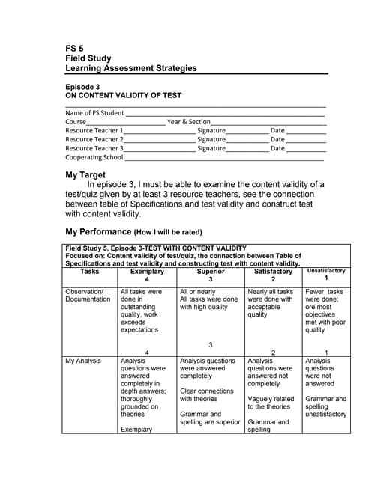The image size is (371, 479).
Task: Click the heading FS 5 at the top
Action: pyautogui.click(x=74, y=48)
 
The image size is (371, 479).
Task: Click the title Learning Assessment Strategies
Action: pyautogui.click(x=131, y=68)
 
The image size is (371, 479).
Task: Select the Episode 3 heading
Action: pyautogui.click(x=82, y=87)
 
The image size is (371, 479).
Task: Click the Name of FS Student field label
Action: pyautogui.click(x=94, y=113)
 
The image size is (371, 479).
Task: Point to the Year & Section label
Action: pyautogui.click(x=188, y=122)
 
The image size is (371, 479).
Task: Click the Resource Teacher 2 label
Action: pyautogui.click(x=94, y=139)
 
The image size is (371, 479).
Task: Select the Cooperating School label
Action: pyautogui.click(x=94, y=157)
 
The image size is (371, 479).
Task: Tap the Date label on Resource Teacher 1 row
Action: pyautogui.click(x=277, y=130)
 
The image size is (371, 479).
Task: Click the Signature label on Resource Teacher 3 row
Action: pyautogui.click(x=211, y=148)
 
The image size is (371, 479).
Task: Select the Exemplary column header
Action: pyautogui.click(x=146, y=272)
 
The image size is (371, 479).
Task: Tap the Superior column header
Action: pyautogui.click(x=211, y=272)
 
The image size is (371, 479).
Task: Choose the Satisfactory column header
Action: pyautogui.click(x=273, y=272)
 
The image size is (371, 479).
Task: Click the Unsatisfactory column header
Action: pyautogui.click(x=325, y=271)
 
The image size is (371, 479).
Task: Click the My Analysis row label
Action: pyautogui.click(x=82, y=361)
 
